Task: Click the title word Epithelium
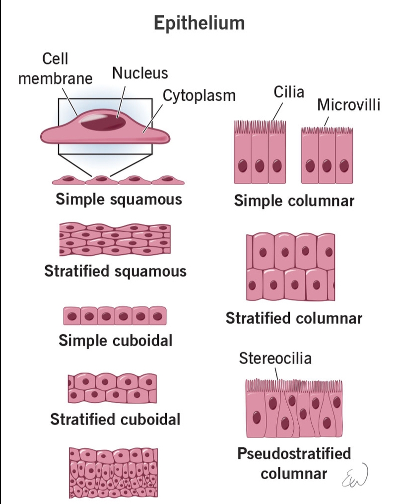click(x=198, y=23)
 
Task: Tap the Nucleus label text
click(x=140, y=73)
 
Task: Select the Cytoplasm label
click(x=199, y=95)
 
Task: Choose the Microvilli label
click(x=348, y=105)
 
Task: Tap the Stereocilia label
click(x=275, y=358)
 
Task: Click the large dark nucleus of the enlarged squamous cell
click(x=103, y=121)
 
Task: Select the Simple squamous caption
click(x=119, y=200)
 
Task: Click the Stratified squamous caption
click(x=115, y=272)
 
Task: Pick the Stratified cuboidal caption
click(x=115, y=420)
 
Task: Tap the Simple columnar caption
click(x=294, y=201)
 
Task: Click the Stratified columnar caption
click(x=294, y=318)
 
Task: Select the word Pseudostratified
click(x=294, y=453)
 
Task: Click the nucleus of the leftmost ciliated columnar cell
click(x=243, y=165)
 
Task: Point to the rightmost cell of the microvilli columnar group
click(x=344, y=159)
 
